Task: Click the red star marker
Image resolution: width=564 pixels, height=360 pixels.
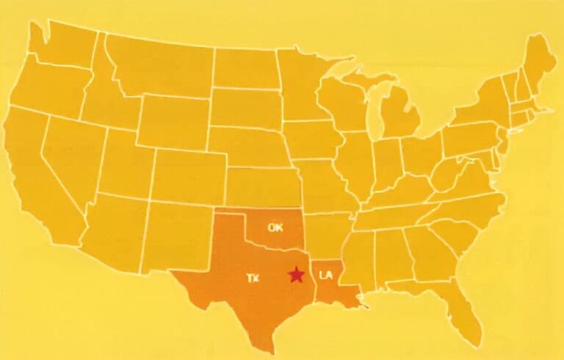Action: point(296,275)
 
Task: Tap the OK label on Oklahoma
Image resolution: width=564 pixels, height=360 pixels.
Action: point(275,227)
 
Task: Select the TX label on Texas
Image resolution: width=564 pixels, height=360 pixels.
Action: point(253,277)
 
